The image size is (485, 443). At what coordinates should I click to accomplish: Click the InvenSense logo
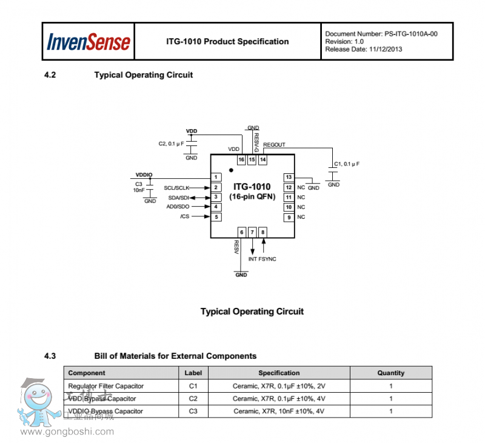click(x=89, y=42)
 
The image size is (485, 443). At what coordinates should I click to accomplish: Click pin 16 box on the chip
click(x=241, y=159)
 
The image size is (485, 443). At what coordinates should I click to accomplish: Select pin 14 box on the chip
click(x=263, y=159)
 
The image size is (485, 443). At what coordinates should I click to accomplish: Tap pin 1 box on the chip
click(x=215, y=177)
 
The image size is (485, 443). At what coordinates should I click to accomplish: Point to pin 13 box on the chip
click(x=289, y=177)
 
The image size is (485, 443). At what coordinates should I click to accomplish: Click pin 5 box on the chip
click(x=215, y=217)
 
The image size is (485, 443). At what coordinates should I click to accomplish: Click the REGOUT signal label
click(x=274, y=145)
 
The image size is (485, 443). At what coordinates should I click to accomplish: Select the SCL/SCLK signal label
click(x=177, y=187)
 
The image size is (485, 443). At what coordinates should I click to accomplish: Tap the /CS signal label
click(x=184, y=217)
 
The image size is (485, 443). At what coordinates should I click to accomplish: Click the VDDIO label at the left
click(x=144, y=174)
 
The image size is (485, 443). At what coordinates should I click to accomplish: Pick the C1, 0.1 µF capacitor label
click(x=347, y=164)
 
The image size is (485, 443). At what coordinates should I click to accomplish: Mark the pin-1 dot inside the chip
click(x=231, y=170)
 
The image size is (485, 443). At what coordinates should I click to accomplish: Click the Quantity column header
click(x=390, y=373)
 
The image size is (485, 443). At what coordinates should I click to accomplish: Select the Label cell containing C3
click(x=193, y=411)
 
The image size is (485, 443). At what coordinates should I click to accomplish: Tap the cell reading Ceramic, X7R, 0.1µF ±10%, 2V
click(x=278, y=385)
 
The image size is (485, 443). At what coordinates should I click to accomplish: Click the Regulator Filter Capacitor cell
click(x=106, y=385)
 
